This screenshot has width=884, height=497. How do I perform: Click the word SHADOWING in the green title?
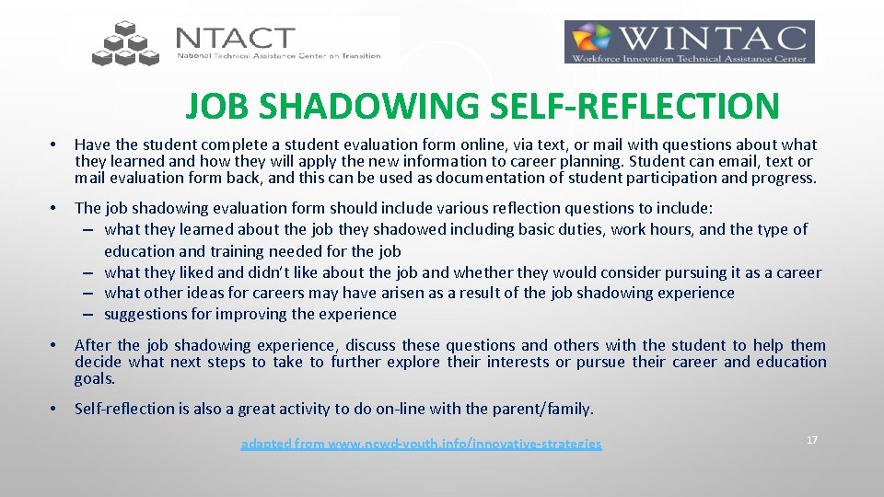pyautogui.click(x=367, y=107)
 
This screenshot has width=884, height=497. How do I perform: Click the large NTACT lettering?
pyautogui.click(x=235, y=38)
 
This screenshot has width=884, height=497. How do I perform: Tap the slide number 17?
pyautogui.click(x=812, y=440)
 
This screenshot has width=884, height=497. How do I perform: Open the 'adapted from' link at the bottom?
pyautogui.click(x=421, y=445)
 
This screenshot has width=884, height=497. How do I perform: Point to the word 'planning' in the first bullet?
pyautogui.click(x=599, y=161)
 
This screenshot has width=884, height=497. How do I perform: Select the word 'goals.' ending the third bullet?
pyautogui.click(x=96, y=378)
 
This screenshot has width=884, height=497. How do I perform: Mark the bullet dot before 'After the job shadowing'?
pyautogui.click(x=55, y=346)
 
